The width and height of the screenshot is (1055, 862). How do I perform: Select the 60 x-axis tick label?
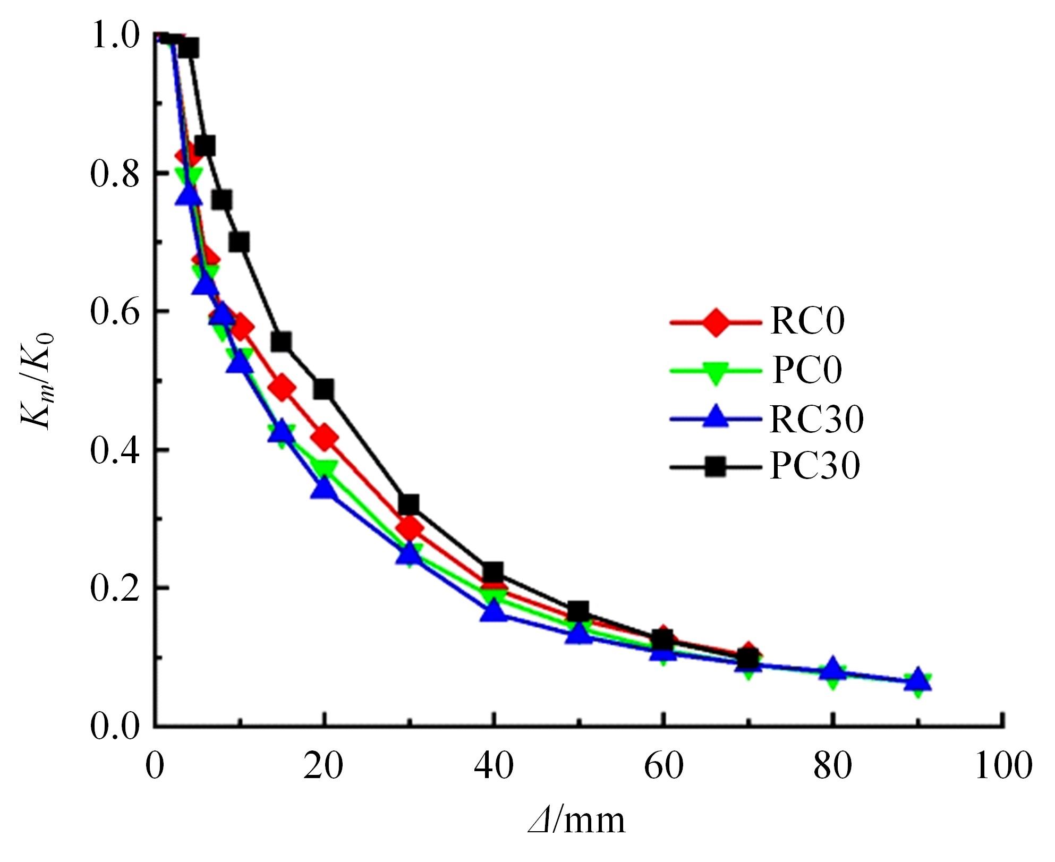(x=663, y=767)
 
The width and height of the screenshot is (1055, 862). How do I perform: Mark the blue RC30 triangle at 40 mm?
(x=494, y=612)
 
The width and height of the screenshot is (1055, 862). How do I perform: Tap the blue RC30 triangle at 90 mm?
(x=917, y=679)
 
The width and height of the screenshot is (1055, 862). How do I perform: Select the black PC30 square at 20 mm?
(x=324, y=389)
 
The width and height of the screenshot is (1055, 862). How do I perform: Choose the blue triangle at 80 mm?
(x=833, y=670)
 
